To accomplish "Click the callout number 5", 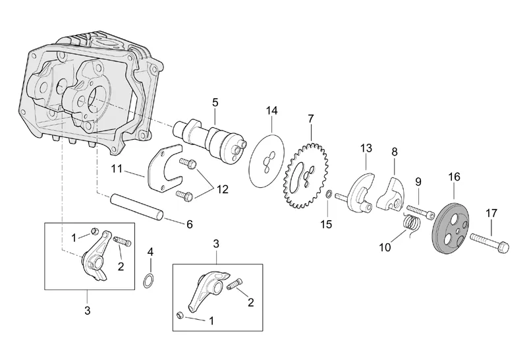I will [215, 102].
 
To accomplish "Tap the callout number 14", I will [272, 110].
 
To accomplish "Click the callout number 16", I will [455, 176].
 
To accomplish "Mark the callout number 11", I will [117, 169].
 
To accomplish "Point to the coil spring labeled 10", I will [411, 225].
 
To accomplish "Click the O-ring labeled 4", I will [150, 282].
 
